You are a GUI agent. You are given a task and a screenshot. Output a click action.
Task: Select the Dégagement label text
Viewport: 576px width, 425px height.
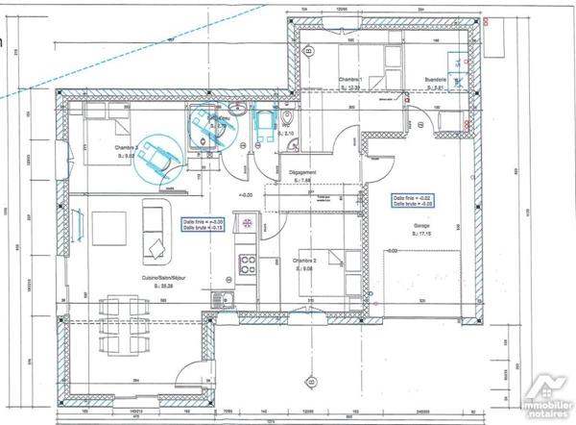coord(302,173)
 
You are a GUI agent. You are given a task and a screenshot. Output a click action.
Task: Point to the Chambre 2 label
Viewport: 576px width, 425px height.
coord(303,262)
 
